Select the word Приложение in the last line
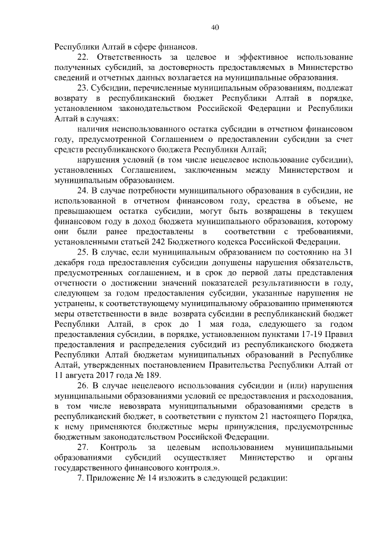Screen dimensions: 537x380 112,478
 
